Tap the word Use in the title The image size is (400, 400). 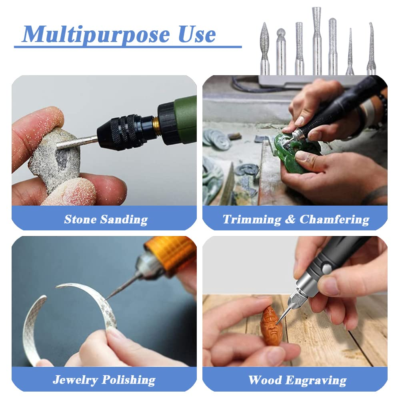pyautogui.click(x=197, y=34)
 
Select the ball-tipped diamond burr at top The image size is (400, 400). pyautogui.click(x=281, y=52)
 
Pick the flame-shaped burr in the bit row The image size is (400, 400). pyautogui.click(x=264, y=49)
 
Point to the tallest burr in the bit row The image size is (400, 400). pyautogui.click(x=316, y=41)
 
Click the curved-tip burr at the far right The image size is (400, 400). pyautogui.click(x=371, y=49)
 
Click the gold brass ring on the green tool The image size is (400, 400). pyautogui.click(x=156, y=126)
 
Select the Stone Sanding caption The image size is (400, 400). pyautogui.click(x=106, y=219)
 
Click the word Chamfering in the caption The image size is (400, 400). pyautogui.click(x=334, y=219)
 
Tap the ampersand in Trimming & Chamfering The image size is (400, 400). pyautogui.click(x=290, y=219)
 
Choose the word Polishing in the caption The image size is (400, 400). pyautogui.click(x=128, y=380)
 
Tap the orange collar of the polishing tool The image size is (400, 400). pyautogui.click(x=170, y=251)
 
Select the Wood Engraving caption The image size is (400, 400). pyautogui.click(x=297, y=380)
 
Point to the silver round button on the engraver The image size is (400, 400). pyautogui.click(x=327, y=269)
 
